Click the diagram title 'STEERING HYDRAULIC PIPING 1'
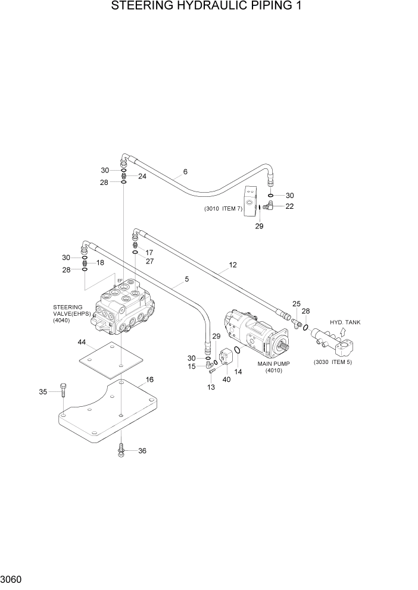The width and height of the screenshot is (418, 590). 209,7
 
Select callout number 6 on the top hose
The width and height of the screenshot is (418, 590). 185,172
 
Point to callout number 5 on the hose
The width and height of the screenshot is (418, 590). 186,278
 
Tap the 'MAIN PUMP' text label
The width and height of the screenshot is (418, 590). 274,363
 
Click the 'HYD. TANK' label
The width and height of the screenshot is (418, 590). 345,322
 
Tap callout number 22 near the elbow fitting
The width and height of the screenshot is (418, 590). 289,206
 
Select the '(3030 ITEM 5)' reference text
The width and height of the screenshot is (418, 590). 333,362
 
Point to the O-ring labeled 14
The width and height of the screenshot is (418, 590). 237,352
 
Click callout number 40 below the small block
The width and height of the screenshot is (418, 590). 226,379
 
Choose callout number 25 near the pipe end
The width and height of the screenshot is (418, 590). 297,304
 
